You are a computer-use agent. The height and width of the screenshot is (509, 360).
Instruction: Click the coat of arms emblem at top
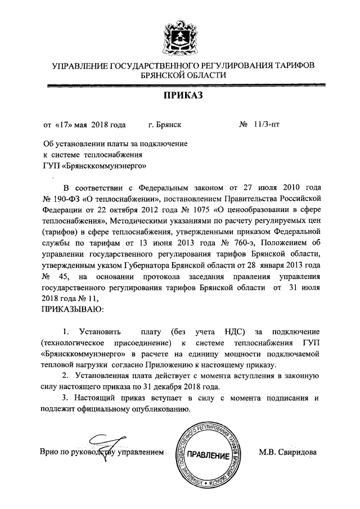tap(179, 35)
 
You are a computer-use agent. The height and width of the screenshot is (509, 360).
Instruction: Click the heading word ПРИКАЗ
tap(179, 96)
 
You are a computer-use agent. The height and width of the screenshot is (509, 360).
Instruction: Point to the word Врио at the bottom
tap(51, 451)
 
